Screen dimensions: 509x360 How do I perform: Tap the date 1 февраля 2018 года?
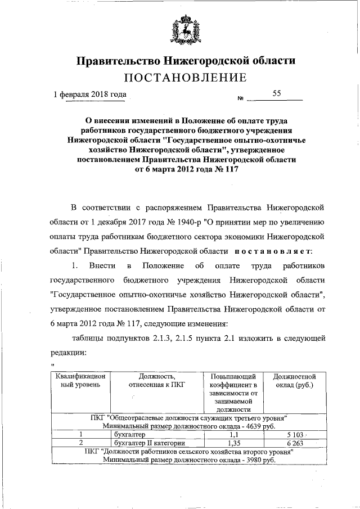(90, 95)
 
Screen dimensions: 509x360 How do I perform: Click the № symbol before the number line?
(240, 99)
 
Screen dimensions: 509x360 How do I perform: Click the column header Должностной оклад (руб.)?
(293, 381)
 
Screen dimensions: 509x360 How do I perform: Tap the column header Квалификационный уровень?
(80, 381)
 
